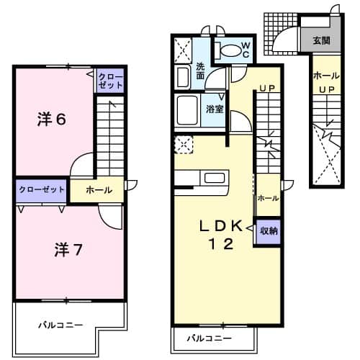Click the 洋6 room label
(52, 120)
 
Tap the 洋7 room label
(69, 250)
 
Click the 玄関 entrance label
(320, 41)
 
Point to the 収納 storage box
(269, 231)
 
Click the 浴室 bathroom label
(214, 109)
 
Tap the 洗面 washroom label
(201, 71)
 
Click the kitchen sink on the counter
(215, 177)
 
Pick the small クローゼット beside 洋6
(110, 81)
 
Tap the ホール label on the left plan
(99, 190)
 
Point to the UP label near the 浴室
(267, 89)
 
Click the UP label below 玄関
(325, 89)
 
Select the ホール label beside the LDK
(268, 197)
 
